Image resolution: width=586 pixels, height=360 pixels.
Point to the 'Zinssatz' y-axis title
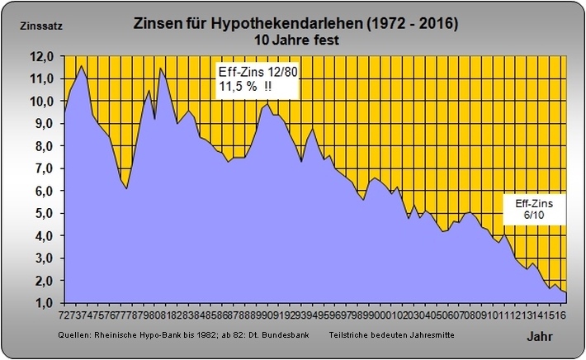coord(39,25)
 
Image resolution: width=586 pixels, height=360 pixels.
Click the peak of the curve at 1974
coord(81,65)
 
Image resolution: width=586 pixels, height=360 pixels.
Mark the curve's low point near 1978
coord(126,189)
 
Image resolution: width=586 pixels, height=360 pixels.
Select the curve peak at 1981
coord(160,68)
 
